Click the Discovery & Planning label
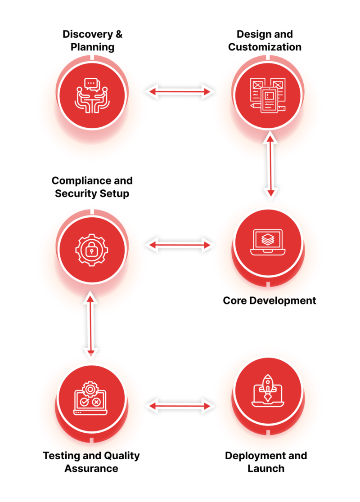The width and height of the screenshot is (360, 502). tap(92, 40)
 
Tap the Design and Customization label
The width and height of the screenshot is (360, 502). tap(265, 40)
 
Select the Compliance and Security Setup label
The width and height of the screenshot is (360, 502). tap(92, 187)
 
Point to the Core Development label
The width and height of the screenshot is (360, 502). tap(270, 300)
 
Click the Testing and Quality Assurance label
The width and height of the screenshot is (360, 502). tap(91, 462)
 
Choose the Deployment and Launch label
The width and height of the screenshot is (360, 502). tap(266, 462)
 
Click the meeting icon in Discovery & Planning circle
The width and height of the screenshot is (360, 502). tap(92, 95)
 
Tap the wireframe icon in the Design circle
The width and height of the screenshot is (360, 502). tap(268, 95)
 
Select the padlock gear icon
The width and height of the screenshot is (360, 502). tap(92, 250)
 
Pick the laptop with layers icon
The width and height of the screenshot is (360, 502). tap(268, 242)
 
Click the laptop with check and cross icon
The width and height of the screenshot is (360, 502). tap(90, 398)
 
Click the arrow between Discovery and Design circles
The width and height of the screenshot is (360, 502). tap(180, 92)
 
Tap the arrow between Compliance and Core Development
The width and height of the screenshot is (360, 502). tap(180, 245)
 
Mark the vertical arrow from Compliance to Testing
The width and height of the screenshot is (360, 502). tap(90, 325)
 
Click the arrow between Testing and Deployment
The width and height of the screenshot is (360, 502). tap(180, 406)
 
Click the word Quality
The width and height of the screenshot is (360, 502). tap(122, 456)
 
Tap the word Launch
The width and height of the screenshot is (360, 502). tap(266, 468)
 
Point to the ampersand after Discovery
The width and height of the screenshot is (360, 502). tap(119, 34)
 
